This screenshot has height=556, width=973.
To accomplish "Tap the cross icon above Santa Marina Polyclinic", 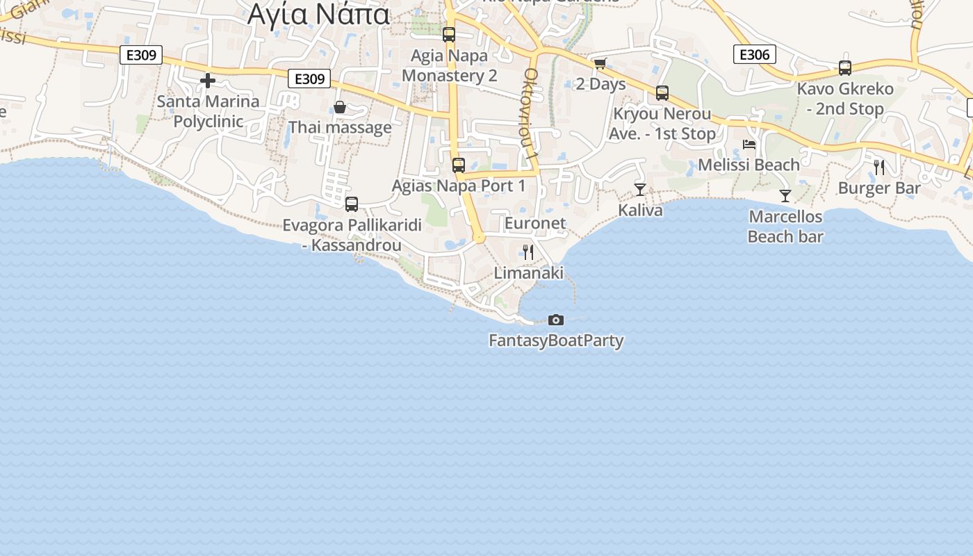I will [207, 81].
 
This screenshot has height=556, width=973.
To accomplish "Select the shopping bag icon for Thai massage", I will [340, 107].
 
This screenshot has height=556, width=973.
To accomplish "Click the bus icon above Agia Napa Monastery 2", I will [449, 34].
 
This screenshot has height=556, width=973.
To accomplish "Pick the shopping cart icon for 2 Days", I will [600, 63].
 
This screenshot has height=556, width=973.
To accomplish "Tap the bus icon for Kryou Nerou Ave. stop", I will [662, 92].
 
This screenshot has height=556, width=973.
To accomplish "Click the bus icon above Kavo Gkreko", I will [845, 68].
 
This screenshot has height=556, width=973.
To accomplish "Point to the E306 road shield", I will [754, 54].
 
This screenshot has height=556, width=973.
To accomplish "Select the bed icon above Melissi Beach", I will [749, 145].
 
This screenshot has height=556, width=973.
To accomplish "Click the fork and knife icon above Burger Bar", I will [879, 167].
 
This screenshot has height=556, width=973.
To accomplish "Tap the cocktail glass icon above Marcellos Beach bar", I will [785, 196].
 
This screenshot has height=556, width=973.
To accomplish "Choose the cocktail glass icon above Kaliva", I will [640, 189].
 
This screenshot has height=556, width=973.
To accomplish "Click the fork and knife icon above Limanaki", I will [528, 252].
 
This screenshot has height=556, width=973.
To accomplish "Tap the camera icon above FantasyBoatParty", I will [556, 320].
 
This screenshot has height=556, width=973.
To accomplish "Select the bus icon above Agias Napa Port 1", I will [459, 165].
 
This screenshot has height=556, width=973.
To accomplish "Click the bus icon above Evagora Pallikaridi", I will [352, 204].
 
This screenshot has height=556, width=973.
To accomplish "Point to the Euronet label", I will [535, 223].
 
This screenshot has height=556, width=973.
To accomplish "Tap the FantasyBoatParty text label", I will [556, 341].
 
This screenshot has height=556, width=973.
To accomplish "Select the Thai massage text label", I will [340, 128].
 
